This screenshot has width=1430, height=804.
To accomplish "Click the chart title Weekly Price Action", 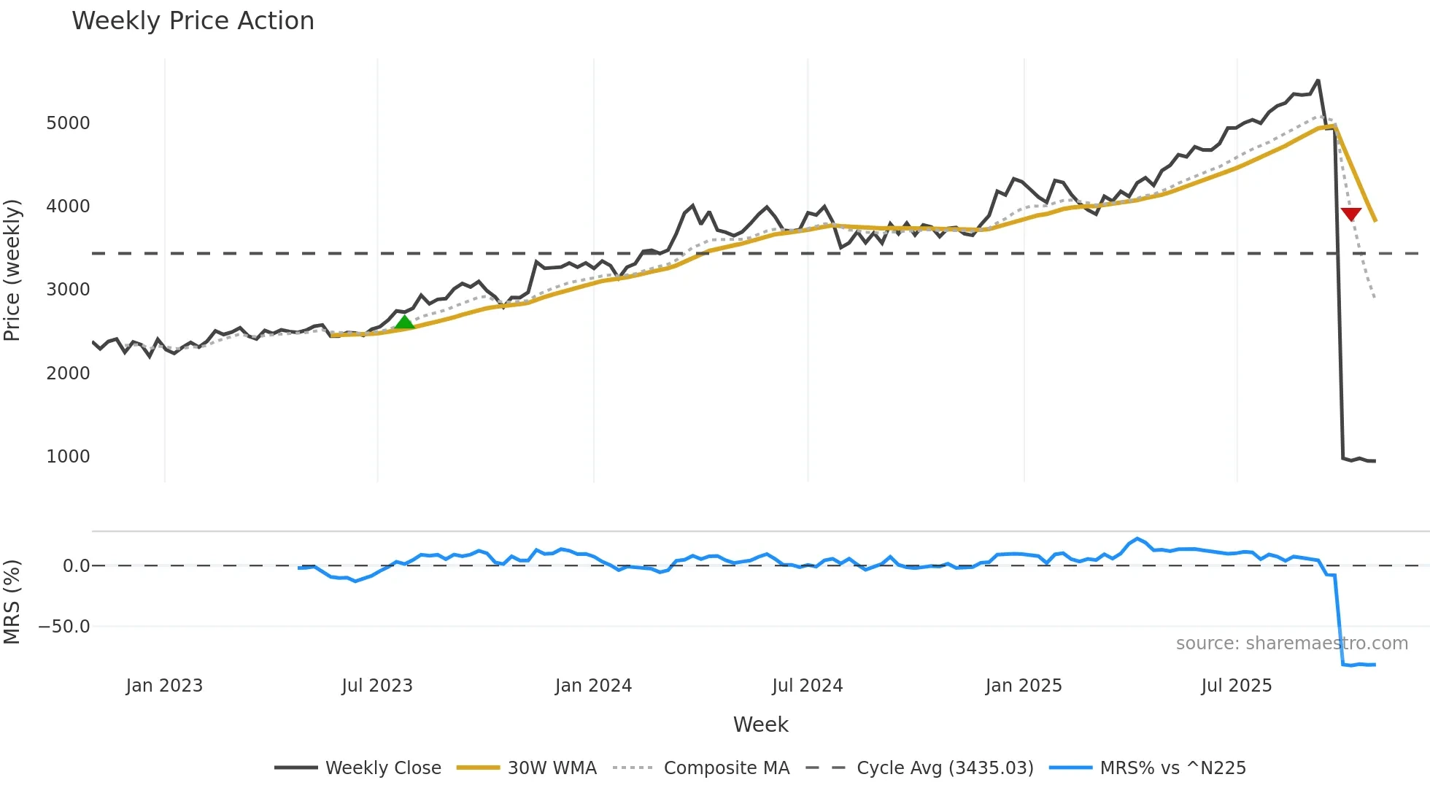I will click(193, 21).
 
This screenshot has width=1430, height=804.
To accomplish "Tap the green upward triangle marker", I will click(404, 322).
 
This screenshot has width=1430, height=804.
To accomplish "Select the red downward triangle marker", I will click(1350, 214).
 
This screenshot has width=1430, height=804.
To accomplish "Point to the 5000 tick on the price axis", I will click(68, 123).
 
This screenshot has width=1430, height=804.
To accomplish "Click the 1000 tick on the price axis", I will click(68, 456).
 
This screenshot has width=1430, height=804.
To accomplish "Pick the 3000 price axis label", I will click(68, 289).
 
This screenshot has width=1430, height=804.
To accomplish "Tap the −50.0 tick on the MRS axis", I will click(64, 626).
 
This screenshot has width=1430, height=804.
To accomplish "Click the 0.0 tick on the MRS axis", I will click(76, 565).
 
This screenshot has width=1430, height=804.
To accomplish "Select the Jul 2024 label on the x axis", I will click(807, 685).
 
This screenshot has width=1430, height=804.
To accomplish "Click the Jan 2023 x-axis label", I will click(164, 685).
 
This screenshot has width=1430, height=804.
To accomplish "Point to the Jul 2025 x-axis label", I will click(1236, 685).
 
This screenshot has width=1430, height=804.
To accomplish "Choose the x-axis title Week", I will click(760, 724).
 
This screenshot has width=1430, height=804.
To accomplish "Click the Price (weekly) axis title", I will click(12, 270).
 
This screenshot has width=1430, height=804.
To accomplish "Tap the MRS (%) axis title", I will click(12, 602).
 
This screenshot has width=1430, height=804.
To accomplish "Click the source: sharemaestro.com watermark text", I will click(1291, 643).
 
